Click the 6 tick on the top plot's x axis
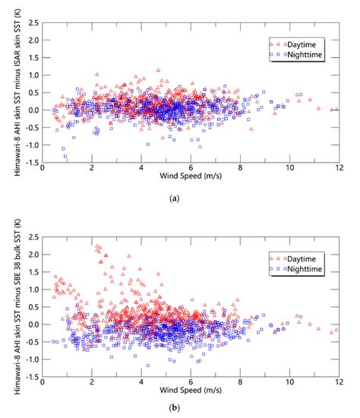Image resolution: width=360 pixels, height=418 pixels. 191,169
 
